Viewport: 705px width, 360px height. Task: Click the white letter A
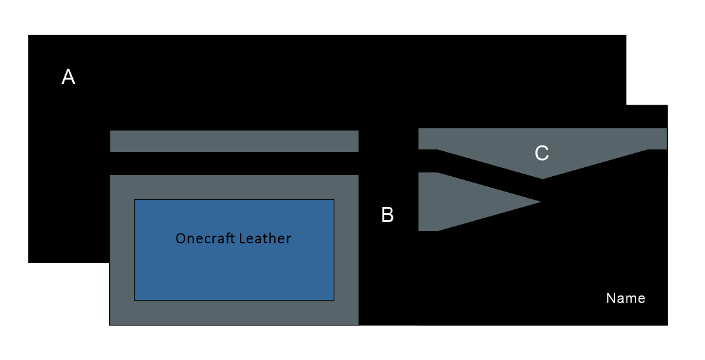(x=68, y=77)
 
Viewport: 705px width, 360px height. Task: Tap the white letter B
(x=387, y=214)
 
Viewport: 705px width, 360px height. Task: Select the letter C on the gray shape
(x=542, y=153)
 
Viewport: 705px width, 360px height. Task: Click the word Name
(x=625, y=298)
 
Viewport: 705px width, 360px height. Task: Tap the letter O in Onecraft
(x=180, y=239)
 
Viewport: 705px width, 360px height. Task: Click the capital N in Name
(x=611, y=298)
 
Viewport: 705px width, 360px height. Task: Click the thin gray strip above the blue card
(x=234, y=141)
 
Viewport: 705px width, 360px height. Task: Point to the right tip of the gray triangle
(x=541, y=202)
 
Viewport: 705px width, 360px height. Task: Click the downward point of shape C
(x=543, y=179)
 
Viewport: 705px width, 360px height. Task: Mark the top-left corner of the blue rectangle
(x=135, y=199)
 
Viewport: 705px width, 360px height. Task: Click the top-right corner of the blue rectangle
(x=334, y=199)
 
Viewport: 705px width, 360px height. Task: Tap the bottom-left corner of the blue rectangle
(x=135, y=300)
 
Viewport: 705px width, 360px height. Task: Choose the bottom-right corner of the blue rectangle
(x=334, y=300)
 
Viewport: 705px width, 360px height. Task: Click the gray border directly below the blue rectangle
(x=234, y=312)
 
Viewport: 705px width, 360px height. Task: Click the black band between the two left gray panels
(x=234, y=163)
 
